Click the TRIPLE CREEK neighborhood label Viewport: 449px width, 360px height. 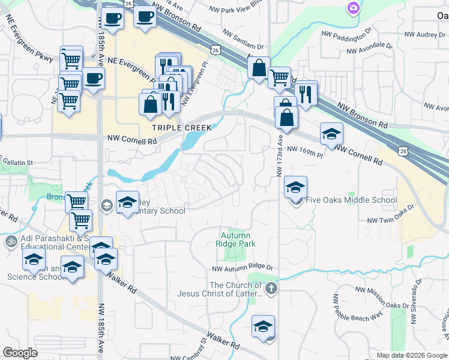click(181, 128)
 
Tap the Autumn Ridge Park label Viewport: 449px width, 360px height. click(238, 239)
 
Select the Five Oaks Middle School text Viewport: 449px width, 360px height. click(351, 200)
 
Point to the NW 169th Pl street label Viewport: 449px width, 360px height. click(305, 152)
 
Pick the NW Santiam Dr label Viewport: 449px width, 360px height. click(243, 40)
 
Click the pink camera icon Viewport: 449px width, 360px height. click(354, 7)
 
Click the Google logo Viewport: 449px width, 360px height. click(20, 353)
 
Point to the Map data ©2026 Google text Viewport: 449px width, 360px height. click(412, 355)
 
